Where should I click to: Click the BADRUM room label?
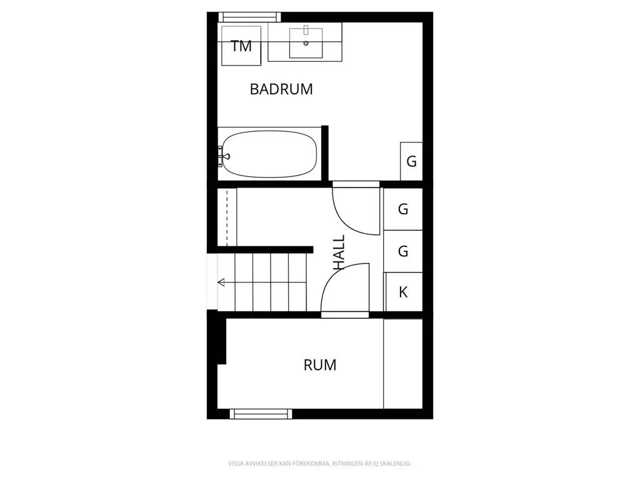(281, 89)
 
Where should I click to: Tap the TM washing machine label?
(241, 46)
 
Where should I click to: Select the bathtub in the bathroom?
(269, 154)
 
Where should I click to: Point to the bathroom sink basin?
(306, 43)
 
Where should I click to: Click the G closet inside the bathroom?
(411, 161)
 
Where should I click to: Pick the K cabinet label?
(403, 292)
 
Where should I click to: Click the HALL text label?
(339, 252)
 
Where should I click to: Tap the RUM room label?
(320, 365)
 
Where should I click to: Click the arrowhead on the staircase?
(221, 282)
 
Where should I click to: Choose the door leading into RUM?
(345, 289)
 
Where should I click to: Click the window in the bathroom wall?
(250, 17)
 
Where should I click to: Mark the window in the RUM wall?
(261, 414)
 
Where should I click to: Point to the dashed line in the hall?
(227, 216)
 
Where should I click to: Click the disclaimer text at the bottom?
(319, 464)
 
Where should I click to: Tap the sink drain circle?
(306, 43)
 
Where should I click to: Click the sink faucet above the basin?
(306, 29)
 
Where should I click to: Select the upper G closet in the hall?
(403, 209)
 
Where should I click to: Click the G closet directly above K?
(403, 251)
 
